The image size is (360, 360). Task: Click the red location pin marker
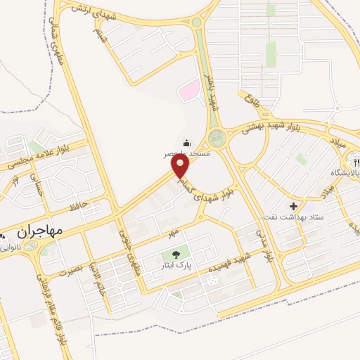181,167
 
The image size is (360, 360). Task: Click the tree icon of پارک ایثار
174,255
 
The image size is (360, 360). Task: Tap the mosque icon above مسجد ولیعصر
186,141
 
